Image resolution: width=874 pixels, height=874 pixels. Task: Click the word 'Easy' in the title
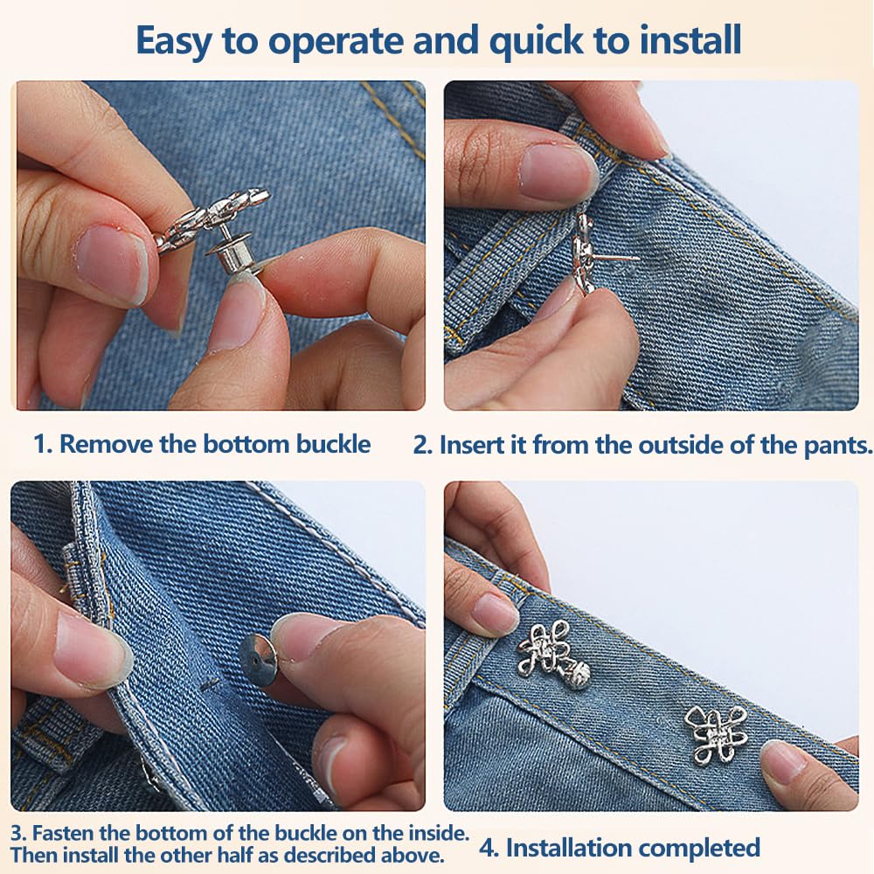tap(173, 41)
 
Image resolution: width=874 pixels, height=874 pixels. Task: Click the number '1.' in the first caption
tap(43, 444)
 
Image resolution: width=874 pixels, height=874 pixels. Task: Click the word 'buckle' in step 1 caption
tap(333, 444)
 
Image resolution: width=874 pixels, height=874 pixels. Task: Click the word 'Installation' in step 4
tap(569, 848)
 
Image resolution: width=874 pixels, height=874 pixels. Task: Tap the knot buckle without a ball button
tap(716, 733)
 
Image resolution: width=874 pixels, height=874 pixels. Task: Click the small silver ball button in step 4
tap(577, 676)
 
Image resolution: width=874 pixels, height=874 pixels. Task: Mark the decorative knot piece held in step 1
tap(212, 218)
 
